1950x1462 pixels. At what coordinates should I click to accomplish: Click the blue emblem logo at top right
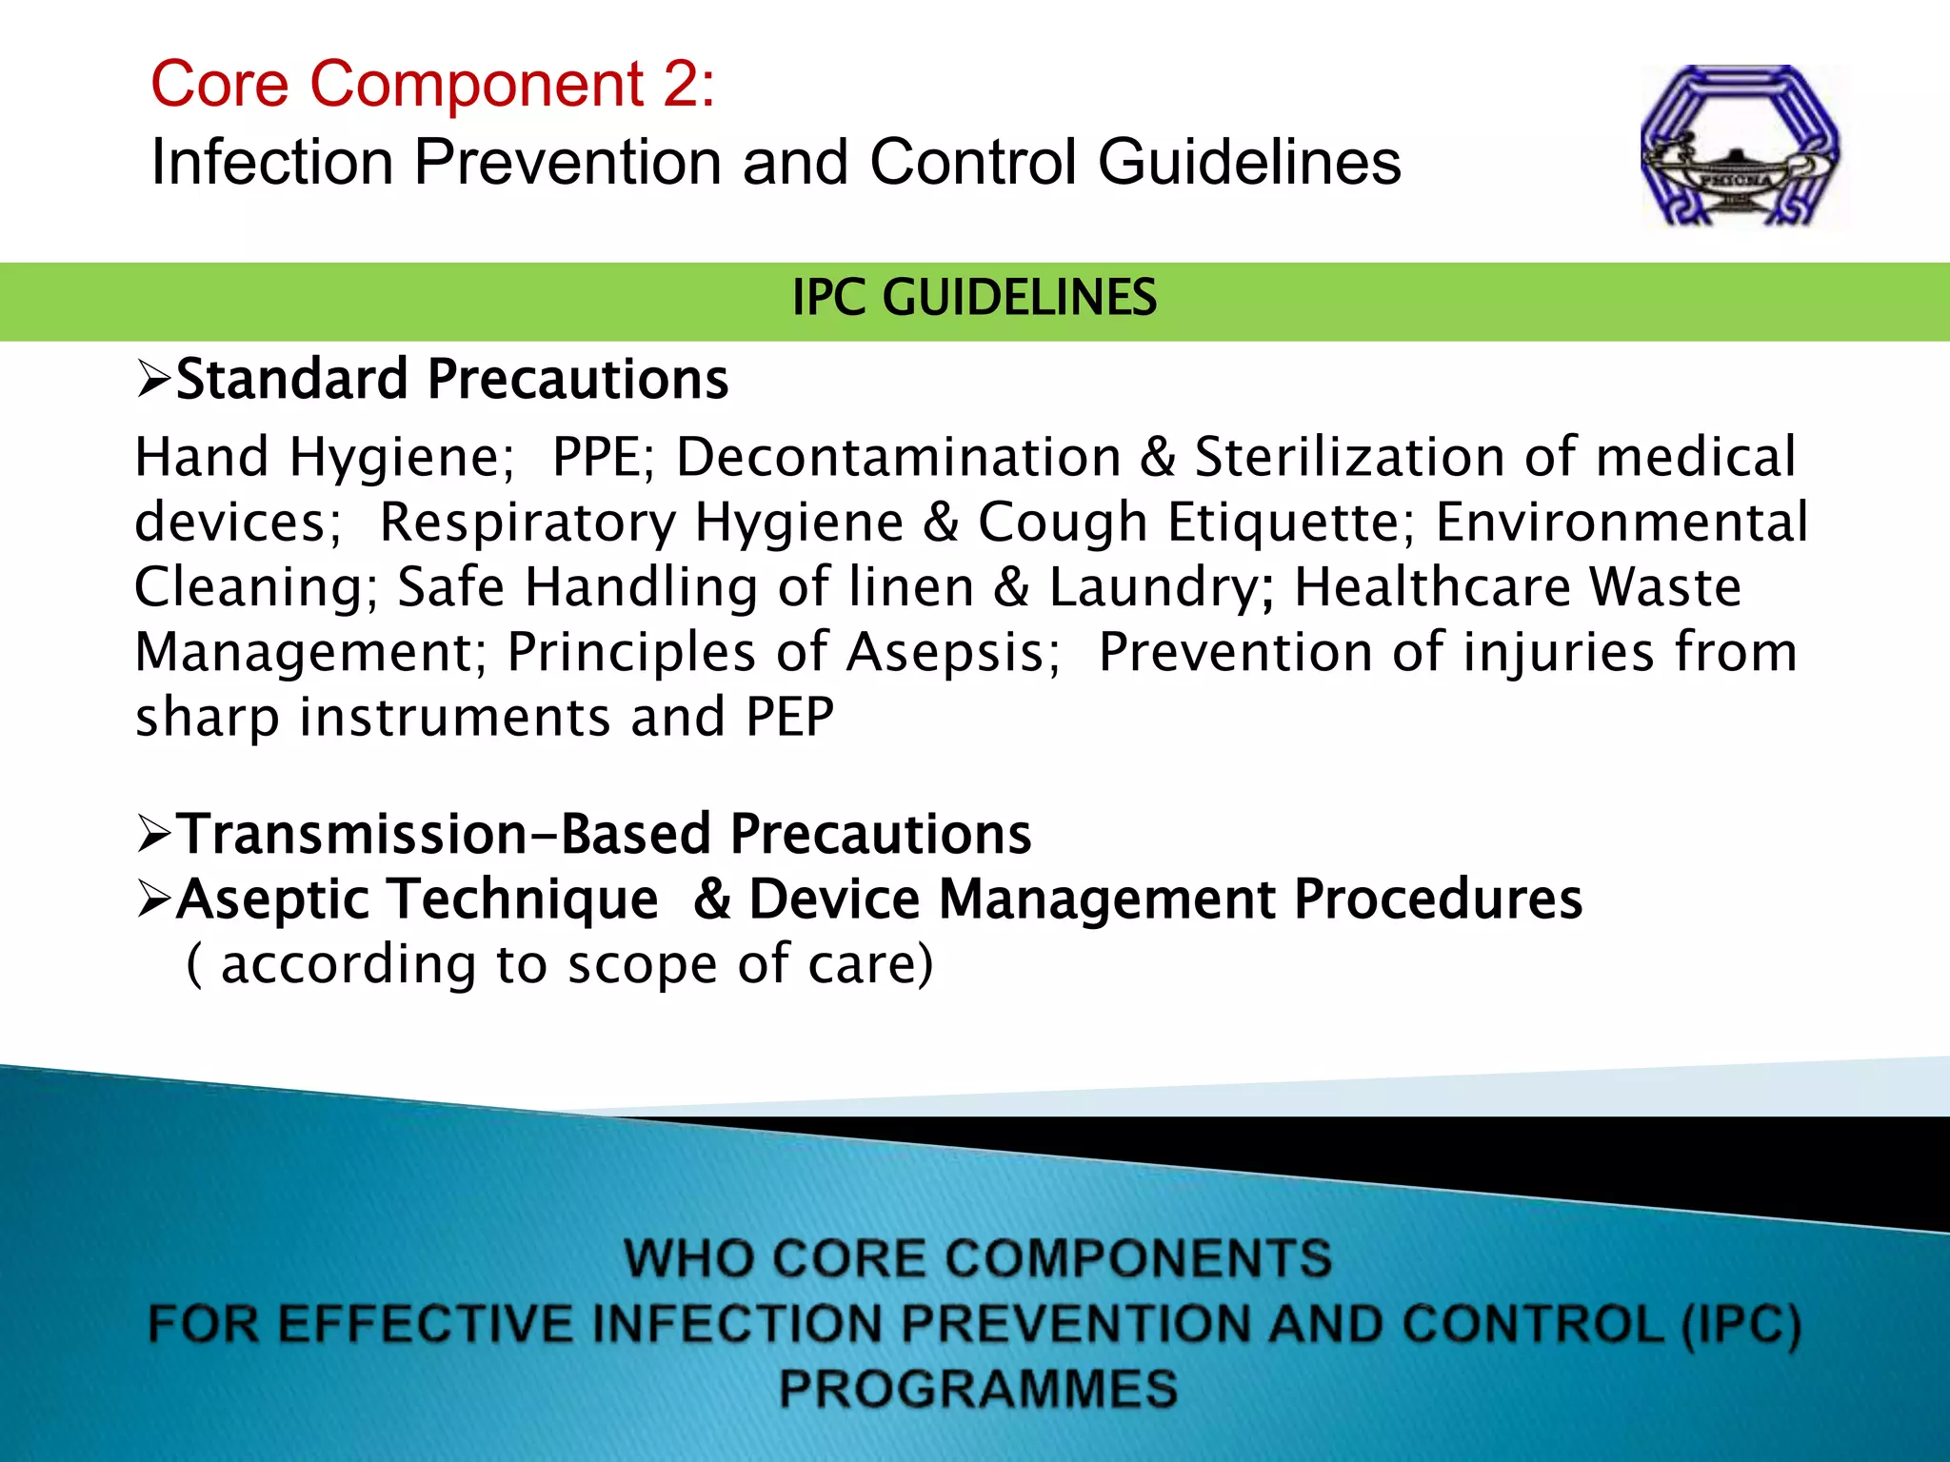pos(1741,146)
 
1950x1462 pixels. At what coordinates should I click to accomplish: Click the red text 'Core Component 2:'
pos(432,84)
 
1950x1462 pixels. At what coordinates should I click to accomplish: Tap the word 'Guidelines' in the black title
pos(1249,162)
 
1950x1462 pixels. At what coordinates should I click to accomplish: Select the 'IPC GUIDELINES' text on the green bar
pos(974,298)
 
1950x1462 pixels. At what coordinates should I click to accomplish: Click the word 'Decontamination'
pos(899,458)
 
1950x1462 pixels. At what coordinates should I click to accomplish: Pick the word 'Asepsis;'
pos(953,653)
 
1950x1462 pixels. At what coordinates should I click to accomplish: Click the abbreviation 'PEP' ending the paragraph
pos(789,718)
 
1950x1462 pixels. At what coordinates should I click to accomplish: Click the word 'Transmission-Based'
pos(445,834)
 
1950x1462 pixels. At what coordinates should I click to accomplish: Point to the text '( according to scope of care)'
pos(559,964)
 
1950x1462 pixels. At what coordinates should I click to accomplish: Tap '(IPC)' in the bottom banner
pos(1741,1324)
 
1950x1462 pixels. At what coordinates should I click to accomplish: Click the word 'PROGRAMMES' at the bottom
pos(978,1388)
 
